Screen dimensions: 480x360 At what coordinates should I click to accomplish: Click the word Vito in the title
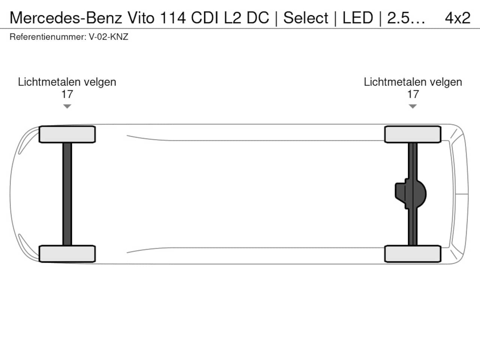click(x=141, y=18)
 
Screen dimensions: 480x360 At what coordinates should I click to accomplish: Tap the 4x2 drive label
click(x=457, y=18)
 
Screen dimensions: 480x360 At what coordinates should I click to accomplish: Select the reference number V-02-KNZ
click(x=108, y=37)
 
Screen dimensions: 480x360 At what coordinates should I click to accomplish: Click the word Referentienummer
click(x=48, y=37)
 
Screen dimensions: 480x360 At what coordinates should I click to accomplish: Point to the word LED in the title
click(x=358, y=18)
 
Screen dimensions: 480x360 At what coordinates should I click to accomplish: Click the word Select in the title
click(x=306, y=18)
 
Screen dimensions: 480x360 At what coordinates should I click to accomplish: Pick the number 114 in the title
click(x=173, y=18)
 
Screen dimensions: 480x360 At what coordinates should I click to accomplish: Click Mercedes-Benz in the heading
click(x=66, y=18)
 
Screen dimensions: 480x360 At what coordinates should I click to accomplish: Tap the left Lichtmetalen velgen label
click(x=67, y=82)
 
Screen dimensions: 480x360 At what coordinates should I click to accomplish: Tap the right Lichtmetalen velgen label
click(x=413, y=82)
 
